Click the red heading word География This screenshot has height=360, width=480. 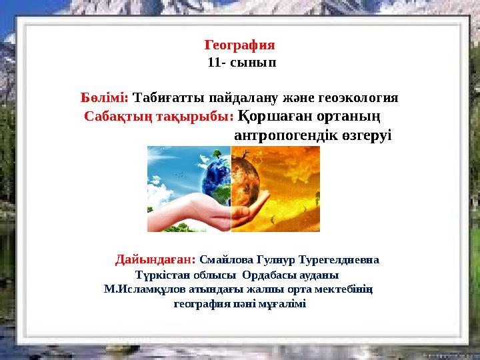click(x=239, y=46)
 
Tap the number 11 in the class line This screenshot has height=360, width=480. click(x=214, y=63)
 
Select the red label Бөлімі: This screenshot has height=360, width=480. click(x=105, y=97)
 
